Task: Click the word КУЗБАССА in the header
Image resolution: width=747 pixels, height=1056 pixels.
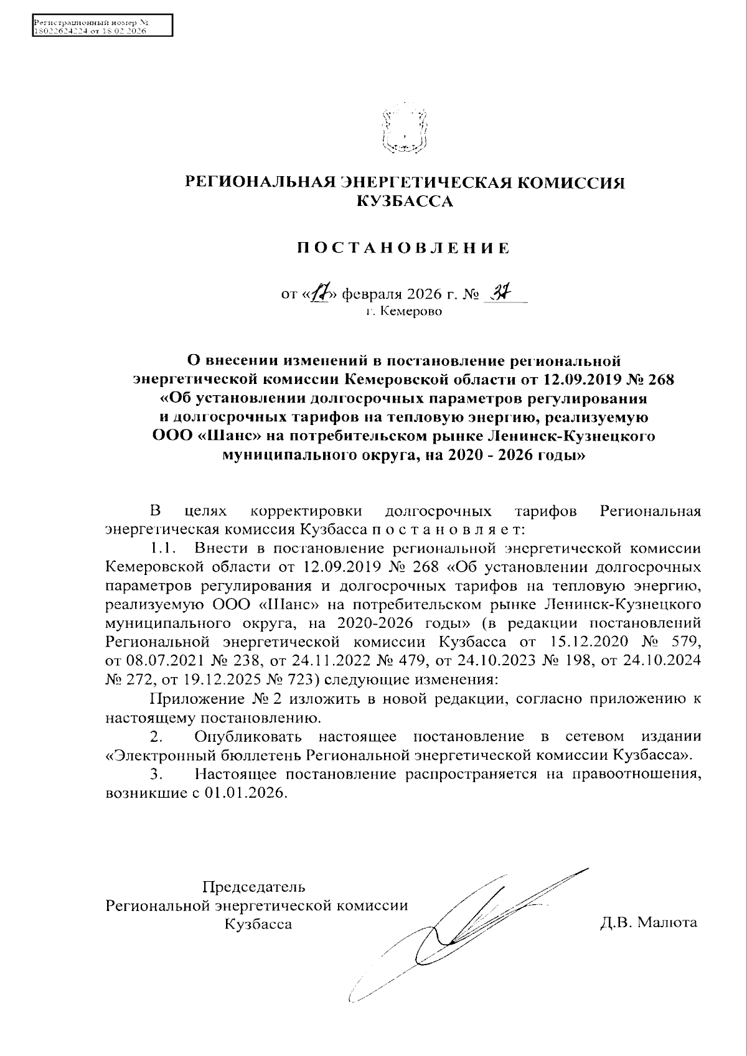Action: (403, 200)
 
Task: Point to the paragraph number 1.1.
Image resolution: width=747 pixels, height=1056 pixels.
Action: (164, 549)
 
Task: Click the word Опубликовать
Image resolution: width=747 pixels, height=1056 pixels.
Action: (248, 737)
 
